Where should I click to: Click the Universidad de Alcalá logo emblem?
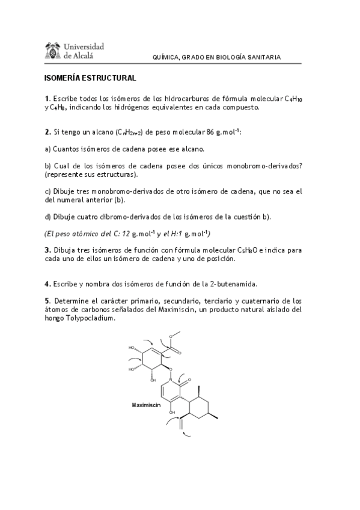pyautogui.click(x=53, y=51)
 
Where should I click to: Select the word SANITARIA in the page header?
pyautogui.click(x=263, y=58)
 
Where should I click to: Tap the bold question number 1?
pyautogui.click(x=46, y=98)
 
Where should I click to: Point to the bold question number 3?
pyautogui.click(x=46, y=250)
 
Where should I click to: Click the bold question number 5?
pyautogui.click(x=46, y=300)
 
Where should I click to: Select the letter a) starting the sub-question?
pyautogui.click(x=47, y=148)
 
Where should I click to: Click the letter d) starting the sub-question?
pyautogui.click(x=47, y=216)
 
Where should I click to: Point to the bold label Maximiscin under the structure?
pyautogui.click(x=146, y=405)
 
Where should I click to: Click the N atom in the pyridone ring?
pyautogui.click(x=171, y=381)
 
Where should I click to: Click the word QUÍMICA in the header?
pyautogui.click(x=169, y=58)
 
